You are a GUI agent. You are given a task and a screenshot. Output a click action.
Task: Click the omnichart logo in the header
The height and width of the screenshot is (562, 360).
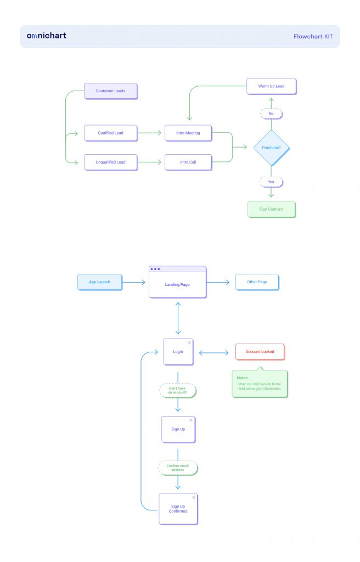point(47,36)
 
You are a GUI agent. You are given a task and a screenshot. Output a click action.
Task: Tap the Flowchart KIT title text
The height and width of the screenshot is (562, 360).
point(313,37)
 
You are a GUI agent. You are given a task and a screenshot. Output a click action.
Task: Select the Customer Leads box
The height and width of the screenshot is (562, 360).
point(111,91)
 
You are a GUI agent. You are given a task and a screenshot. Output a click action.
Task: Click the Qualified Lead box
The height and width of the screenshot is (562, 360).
point(111,133)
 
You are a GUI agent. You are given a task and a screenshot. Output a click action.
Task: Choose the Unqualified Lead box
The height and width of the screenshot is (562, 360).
point(111,162)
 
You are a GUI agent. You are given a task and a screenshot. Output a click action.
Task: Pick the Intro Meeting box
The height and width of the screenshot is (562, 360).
point(188,133)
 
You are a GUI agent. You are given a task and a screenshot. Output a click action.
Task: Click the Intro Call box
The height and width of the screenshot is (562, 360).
point(188,162)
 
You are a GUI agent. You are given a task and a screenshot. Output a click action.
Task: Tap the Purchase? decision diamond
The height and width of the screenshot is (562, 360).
point(272,148)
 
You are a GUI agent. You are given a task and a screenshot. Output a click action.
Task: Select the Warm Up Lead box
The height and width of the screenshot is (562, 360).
point(272,86)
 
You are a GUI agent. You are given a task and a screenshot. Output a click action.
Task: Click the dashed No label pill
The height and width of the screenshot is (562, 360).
point(272,114)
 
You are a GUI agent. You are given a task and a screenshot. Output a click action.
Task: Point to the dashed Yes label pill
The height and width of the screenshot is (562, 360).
point(272,182)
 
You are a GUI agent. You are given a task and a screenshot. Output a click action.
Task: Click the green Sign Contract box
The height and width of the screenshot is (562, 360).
point(272,209)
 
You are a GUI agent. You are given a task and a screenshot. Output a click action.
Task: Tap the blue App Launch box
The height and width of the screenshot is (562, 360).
point(100,282)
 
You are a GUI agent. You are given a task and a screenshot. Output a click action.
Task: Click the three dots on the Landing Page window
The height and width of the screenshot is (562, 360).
point(155,269)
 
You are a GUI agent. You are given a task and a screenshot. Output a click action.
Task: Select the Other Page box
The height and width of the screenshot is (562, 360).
point(257,282)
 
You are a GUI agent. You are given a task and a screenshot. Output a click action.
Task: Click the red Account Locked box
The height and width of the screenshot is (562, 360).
point(260,352)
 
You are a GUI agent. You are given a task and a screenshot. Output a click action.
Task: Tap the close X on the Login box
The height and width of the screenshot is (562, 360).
point(190,342)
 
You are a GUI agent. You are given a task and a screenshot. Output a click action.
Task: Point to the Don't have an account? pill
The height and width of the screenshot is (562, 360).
point(178,390)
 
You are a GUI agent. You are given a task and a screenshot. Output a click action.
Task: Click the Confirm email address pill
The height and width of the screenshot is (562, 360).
point(178,468)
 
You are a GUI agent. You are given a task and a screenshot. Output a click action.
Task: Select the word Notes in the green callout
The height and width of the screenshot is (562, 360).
point(243,378)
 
